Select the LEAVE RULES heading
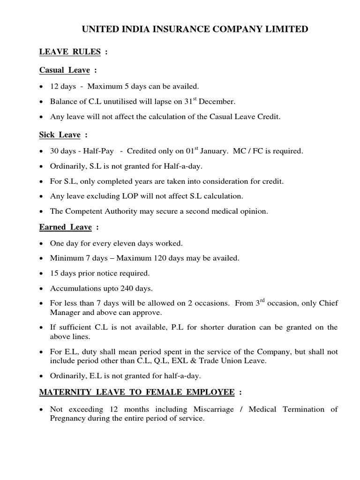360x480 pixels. [x=70, y=52]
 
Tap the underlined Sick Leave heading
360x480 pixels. [x=60, y=135]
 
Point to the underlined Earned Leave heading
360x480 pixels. [x=66, y=227]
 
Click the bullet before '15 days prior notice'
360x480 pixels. [x=43, y=273]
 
